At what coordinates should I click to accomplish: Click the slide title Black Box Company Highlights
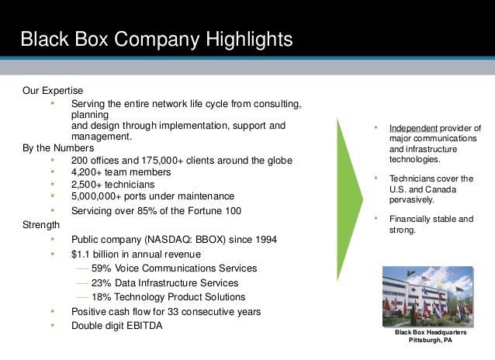point(156,39)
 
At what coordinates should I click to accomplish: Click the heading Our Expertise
point(53,91)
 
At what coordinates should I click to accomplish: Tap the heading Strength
point(41,224)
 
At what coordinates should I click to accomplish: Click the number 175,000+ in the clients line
point(159,161)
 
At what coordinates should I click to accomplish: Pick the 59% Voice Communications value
point(102,268)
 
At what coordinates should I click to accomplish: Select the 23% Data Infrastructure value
point(102,283)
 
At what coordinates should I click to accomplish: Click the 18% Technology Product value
point(102,297)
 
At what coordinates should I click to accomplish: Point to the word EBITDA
point(143,326)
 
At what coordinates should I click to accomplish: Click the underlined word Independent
point(413,129)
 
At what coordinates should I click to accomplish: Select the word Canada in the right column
point(438,190)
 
